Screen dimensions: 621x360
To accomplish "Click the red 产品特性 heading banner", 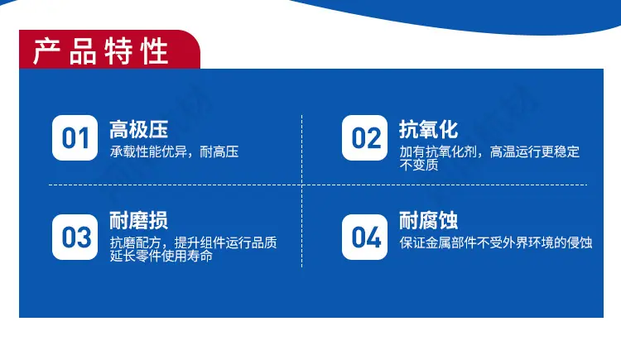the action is (109, 50).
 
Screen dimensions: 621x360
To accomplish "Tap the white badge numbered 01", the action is (75, 138).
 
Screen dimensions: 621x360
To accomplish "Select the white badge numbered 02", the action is (365, 138).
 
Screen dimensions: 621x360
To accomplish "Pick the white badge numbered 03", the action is (75, 238).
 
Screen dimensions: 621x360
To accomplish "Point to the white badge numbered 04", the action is (365, 238).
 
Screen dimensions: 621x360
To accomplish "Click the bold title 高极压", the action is (138, 129).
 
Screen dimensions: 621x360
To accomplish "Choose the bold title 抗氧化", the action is (429, 129).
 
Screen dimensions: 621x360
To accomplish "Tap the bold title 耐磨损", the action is (138, 221).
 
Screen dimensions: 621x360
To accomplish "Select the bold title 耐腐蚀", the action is (429, 221).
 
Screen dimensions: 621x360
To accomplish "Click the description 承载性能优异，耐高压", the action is (174, 151).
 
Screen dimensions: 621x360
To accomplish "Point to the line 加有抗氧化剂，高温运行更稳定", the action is (489, 151).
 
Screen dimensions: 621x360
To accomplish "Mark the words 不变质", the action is (419, 165).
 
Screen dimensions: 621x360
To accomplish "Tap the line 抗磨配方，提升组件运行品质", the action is (193, 242).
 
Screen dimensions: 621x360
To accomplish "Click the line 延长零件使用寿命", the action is (161, 256).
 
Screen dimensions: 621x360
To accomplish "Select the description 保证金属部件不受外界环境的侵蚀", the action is (496, 242).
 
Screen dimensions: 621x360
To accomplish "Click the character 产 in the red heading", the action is (46, 51).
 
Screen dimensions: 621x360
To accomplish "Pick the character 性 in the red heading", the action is (155, 51).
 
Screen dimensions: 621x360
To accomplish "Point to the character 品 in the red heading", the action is (83, 51).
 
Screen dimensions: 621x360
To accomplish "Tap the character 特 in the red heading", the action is (118, 51).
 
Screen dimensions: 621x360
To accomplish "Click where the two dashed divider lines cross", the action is (301, 185).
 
